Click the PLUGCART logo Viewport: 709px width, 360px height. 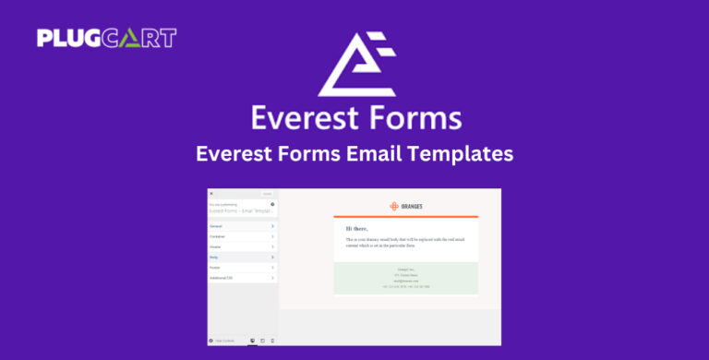tap(106, 38)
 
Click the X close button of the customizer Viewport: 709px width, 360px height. tap(211, 194)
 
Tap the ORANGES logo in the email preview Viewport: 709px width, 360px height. tap(406, 206)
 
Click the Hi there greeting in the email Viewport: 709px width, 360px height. tap(356, 228)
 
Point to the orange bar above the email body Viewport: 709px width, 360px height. tap(406, 217)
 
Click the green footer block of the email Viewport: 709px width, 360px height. tap(406, 278)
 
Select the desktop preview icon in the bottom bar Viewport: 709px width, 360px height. tap(252, 341)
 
